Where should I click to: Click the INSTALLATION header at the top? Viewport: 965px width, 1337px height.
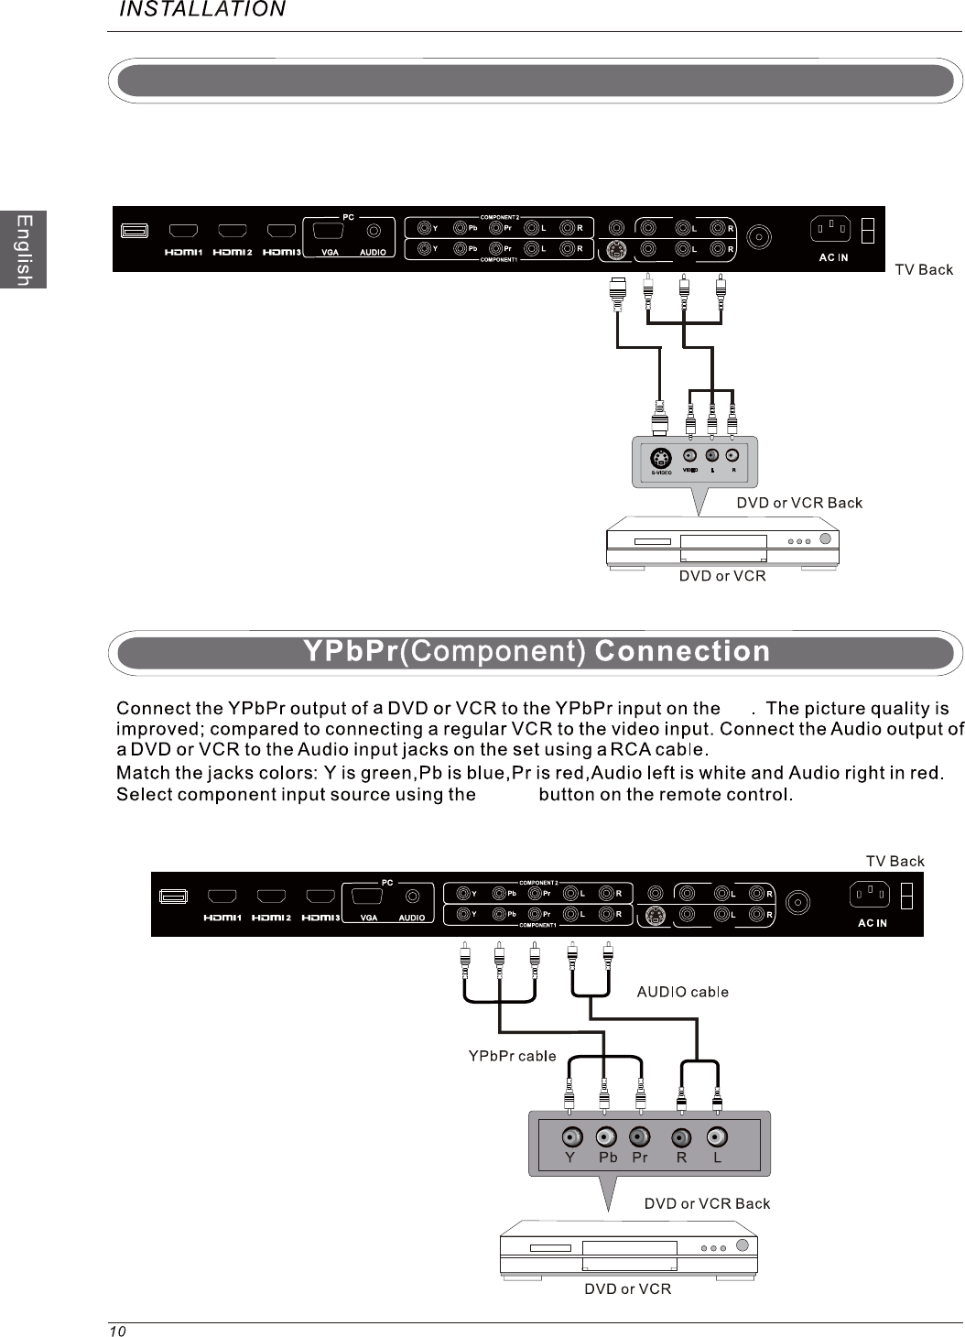(203, 10)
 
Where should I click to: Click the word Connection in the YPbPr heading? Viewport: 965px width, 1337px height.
(682, 652)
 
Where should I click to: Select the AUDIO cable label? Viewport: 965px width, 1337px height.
(682, 992)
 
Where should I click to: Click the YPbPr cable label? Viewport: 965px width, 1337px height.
(512, 1056)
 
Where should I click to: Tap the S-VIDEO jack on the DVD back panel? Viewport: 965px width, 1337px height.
(661, 458)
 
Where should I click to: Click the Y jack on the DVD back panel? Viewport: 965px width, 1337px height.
(571, 1137)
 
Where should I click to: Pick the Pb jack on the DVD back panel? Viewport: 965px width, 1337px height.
(606, 1137)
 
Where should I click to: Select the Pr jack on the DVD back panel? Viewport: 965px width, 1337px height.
(639, 1137)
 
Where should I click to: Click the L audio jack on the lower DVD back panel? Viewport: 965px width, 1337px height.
(717, 1137)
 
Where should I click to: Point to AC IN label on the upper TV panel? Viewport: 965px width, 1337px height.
(833, 257)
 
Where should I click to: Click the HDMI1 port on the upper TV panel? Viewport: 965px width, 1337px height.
(184, 230)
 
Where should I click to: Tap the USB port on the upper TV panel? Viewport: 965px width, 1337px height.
(135, 230)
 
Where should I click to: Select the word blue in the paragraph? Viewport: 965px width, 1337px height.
(485, 773)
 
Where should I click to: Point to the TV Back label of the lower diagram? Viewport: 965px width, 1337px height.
(895, 861)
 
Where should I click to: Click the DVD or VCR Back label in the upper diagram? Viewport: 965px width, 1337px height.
(799, 503)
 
